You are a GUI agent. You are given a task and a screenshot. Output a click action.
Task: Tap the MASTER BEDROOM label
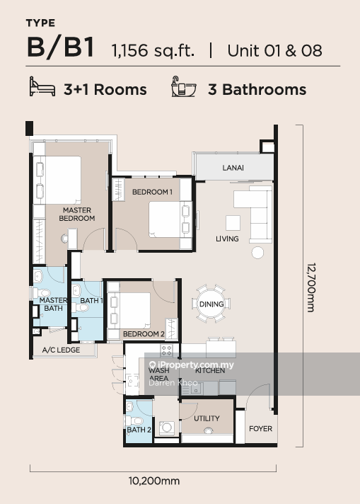point(78,214)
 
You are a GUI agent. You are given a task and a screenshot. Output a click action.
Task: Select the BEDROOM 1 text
point(151,192)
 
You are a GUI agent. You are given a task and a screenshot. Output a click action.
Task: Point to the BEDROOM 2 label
point(144,334)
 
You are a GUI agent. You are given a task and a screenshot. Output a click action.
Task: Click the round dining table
point(211,304)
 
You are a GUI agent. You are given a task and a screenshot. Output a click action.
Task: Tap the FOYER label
point(260,429)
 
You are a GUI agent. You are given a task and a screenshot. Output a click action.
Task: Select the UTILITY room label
point(207,418)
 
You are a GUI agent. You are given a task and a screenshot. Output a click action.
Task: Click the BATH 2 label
point(139,430)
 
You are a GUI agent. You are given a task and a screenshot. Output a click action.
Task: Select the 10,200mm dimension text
point(153,481)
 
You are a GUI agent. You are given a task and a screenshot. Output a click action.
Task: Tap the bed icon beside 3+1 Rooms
point(42,88)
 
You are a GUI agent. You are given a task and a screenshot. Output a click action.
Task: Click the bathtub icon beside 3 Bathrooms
point(184,88)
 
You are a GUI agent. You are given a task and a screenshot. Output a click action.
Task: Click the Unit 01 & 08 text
point(274,50)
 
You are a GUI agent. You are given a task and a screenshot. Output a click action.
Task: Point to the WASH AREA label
point(158,374)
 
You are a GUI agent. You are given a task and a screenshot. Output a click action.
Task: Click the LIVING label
point(227,239)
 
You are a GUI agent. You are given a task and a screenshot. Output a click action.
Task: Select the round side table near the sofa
point(257,253)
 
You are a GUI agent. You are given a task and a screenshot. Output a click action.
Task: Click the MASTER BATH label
point(49,304)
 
